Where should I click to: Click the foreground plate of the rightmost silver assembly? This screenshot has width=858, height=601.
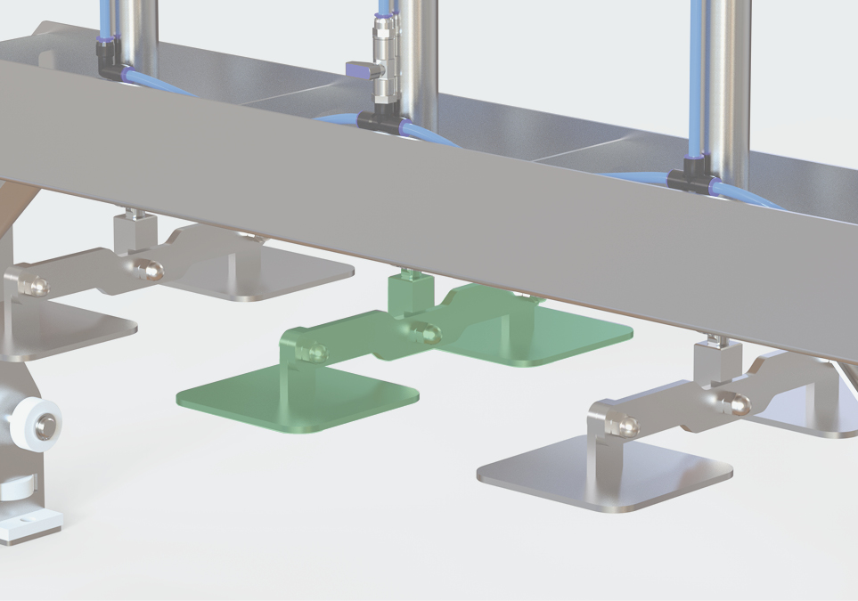[x=606, y=475]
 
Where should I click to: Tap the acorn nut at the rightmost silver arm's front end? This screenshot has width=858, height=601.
[x=627, y=426]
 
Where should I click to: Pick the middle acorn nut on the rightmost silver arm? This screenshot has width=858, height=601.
[x=739, y=404]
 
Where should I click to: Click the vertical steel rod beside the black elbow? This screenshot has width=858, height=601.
[x=139, y=36]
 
